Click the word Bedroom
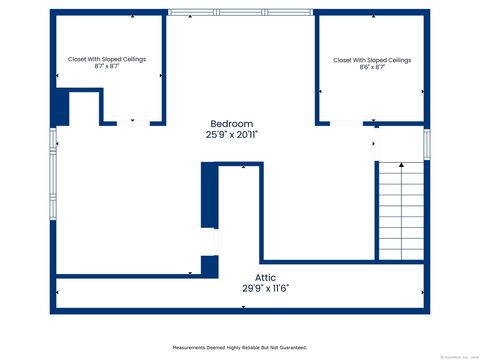pos(230,123)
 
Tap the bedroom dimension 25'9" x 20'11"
pos(232,134)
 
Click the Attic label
pos(265,277)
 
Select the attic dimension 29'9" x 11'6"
pos(265,288)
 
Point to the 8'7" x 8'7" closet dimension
pos(107,67)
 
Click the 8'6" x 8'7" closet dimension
pos(372,68)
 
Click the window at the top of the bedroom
pos(239,12)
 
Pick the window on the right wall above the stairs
pos(426,143)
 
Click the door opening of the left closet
pos(132,123)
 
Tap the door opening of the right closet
pos(346,123)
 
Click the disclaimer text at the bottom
pos(239,347)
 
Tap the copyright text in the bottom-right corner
pos(458,356)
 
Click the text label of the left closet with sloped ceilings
pos(107,59)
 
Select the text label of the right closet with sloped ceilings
pos(372,60)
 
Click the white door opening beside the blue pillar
pos(209,243)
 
